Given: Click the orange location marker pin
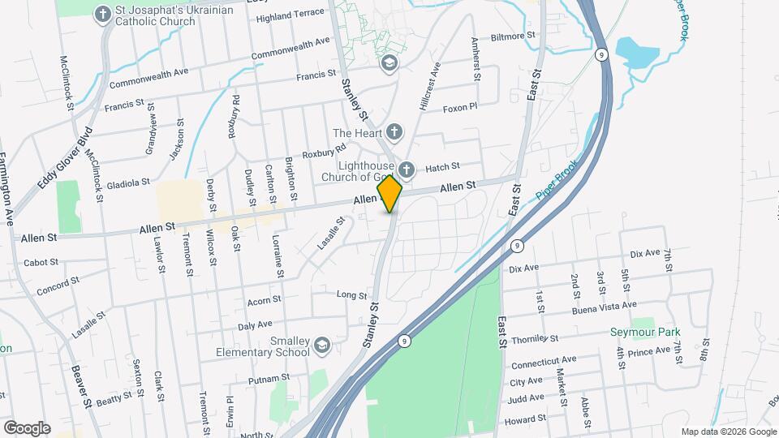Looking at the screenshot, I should pos(390,194).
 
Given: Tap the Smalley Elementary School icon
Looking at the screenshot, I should pos(322,346).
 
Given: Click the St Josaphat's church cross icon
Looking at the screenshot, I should pos(103,13).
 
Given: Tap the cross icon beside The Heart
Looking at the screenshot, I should pos(394,132).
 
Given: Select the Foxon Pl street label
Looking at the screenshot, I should pos(460,108).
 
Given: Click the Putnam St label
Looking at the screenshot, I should pos(269,378).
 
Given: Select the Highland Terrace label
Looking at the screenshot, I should pos(290,15).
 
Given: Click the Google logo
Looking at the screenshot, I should pos(26,427).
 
